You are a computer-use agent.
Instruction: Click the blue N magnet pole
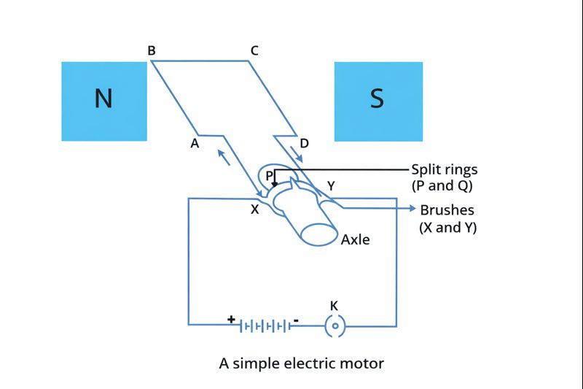(104, 101)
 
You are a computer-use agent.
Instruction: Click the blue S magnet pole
(378, 101)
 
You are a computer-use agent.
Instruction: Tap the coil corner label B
(151, 51)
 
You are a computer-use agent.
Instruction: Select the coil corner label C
(254, 51)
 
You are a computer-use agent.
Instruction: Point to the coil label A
(195, 144)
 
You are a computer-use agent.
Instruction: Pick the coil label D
(304, 143)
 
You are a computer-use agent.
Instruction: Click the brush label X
(254, 209)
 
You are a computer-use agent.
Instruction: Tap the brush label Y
(331, 186)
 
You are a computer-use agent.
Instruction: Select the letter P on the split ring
(269, 176)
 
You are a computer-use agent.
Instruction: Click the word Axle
(356, 239)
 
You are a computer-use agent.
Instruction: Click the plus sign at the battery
(231, 319)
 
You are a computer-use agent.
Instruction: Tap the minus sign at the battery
(296, 320)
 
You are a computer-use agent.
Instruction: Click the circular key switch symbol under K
(334, 326)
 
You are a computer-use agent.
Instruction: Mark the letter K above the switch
(334, 305)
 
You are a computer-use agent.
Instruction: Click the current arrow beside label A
(224, 157)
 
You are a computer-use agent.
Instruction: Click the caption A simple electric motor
(301, 363)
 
